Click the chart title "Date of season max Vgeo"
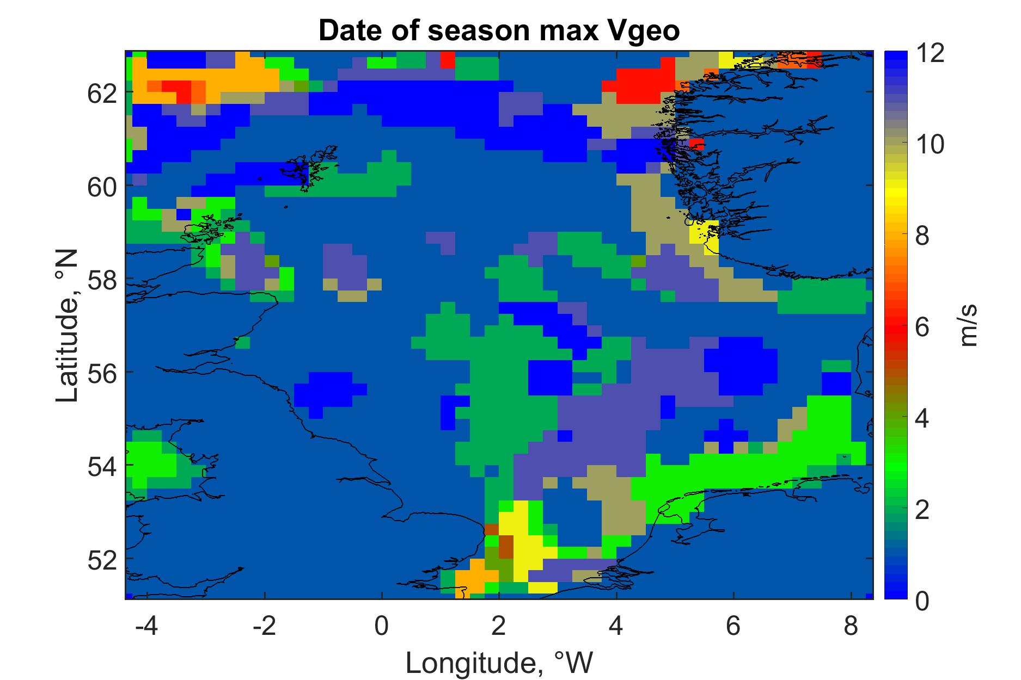pos(499,31)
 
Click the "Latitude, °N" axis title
pos(68,326)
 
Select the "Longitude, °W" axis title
pos(499,663)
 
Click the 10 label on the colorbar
pos(928,145)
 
